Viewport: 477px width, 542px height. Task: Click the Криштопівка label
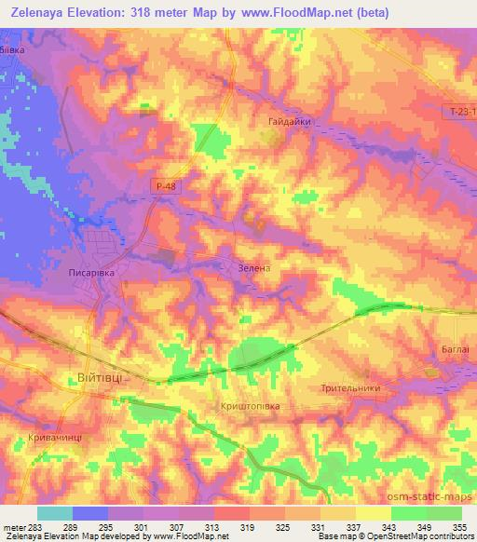pos(250,407)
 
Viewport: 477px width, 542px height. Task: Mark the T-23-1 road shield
pos(460,110)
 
